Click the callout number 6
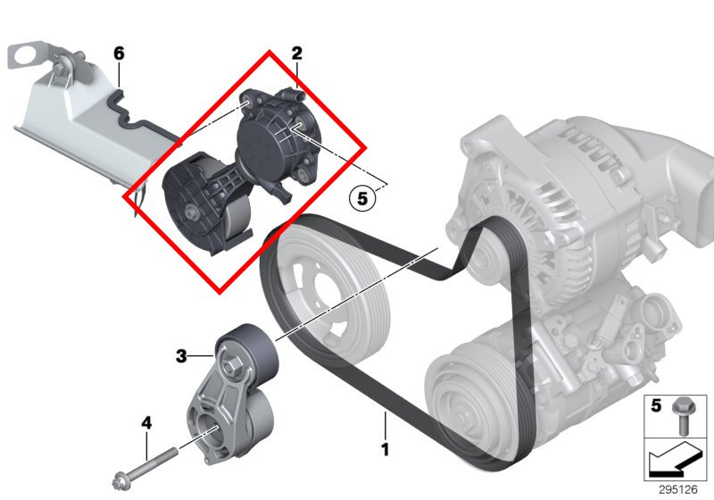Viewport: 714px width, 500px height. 119,54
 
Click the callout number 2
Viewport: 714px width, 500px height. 296,54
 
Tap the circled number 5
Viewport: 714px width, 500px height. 362,198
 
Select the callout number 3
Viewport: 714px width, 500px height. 181,355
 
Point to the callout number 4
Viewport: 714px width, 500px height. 146,423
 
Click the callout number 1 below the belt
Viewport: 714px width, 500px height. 386,449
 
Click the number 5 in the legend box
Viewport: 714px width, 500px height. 656,405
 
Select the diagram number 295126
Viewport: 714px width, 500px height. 677,489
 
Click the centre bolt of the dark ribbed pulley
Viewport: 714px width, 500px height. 191,212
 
